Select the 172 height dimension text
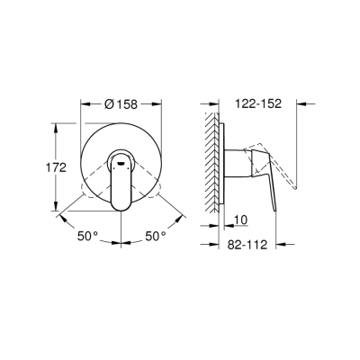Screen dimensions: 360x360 point(55,166)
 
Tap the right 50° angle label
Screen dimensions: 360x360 point(157,237)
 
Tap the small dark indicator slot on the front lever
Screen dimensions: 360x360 point(120,163)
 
